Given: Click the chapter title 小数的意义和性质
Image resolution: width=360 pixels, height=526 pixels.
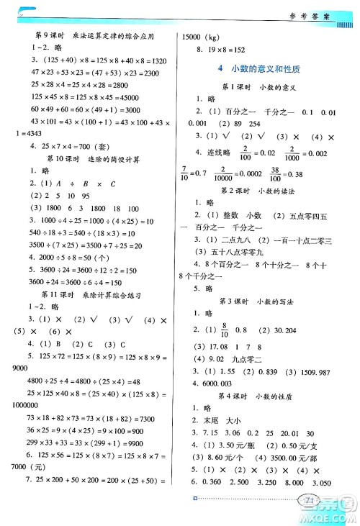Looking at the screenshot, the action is click(266, 68).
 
